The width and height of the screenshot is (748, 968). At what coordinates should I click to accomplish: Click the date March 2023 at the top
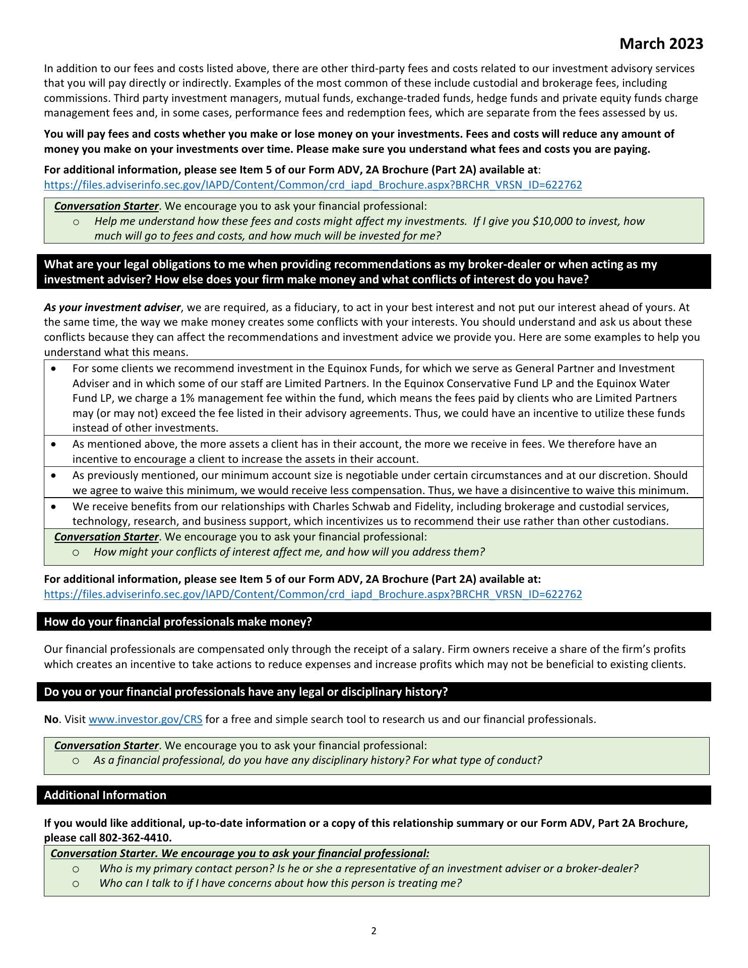[661, 44]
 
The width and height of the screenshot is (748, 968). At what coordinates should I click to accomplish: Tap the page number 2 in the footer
[373, 931]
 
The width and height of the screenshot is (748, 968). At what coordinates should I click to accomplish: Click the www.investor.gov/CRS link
[145, 719]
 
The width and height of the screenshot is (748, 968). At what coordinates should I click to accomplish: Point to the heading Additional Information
[105, 795]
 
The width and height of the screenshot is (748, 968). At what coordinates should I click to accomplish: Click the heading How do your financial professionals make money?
[178, 622]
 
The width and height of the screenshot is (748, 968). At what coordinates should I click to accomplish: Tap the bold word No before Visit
[51, 719]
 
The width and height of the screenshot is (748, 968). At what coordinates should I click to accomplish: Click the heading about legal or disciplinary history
[245, 692]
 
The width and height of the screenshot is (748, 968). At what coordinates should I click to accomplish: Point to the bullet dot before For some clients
[54, 369]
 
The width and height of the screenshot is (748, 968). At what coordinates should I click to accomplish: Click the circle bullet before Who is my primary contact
[75, 869]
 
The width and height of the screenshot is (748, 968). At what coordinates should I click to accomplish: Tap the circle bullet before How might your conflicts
[75, 552]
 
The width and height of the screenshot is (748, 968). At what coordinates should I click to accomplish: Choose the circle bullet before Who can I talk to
[75, 883]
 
